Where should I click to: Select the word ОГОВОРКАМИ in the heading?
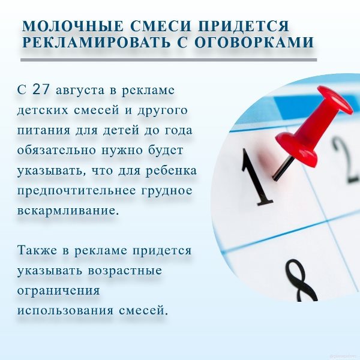pyautogui.click(x=254, y=42)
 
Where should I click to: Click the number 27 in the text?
pyautogui.click(x=41, y=89)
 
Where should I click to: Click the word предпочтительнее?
pyautogui.click(x=77, y=191)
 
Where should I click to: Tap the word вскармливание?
pyautogui.click(x=68, y=211)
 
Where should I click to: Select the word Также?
pyautogui.click(x=37, y=250)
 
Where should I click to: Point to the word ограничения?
pyautogui.click(x=59, y=291)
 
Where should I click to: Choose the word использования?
pyautogui.click(x=65, y=311)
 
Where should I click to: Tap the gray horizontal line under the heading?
pyautogui.click(x=169, y=60)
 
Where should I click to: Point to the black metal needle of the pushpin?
pyautogui.click(x=283, y=169)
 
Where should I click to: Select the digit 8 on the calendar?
pyautogui.click(x=301, y=280)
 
